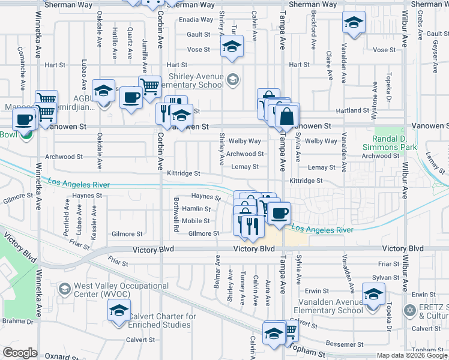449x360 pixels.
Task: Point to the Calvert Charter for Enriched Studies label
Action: pyautogui.click(x=164, y=320)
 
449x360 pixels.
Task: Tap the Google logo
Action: pyautogui.click(x=20, y=353)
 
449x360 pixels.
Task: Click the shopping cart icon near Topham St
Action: pyautogui.click(x=289, y=330)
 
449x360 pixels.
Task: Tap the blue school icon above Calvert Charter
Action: pyautogui.click(x=119, y=311)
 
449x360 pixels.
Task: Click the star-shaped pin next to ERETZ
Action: pyautogui.click(x=410, y=310)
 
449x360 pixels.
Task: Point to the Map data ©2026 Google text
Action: pyautogui.click(x=411, y=355)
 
